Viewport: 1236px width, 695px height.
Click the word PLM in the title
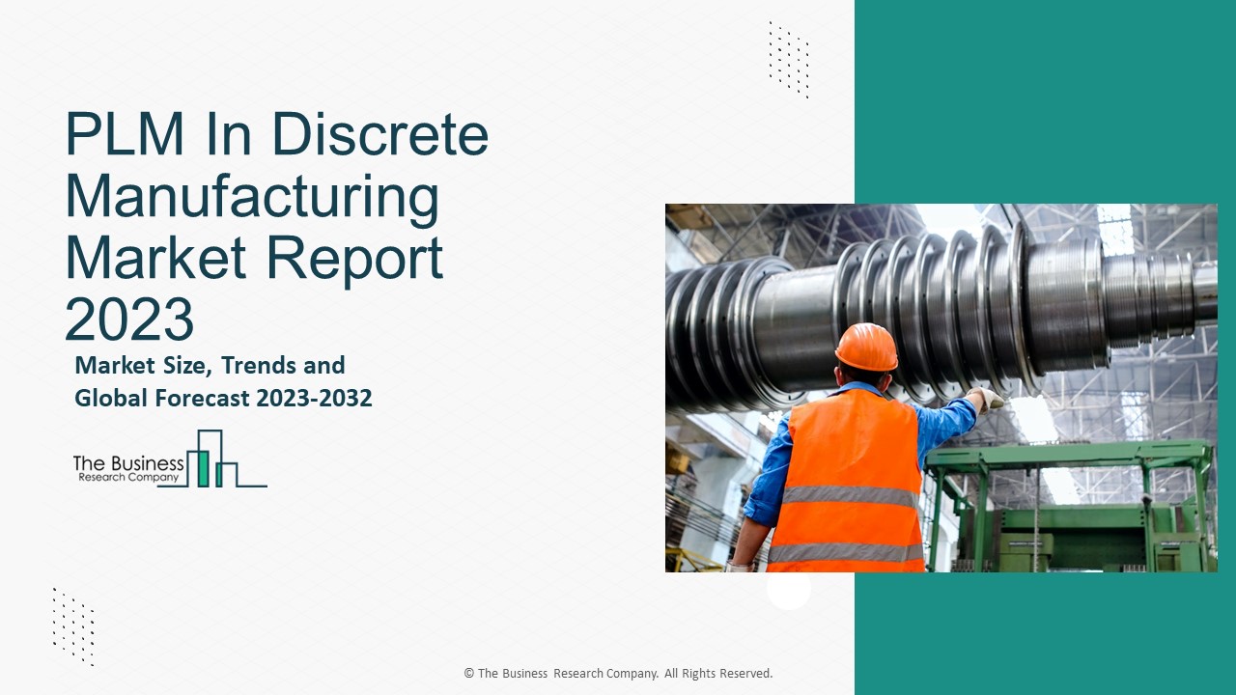125,134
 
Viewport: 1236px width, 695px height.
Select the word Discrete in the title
380,134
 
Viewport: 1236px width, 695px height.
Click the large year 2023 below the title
129,320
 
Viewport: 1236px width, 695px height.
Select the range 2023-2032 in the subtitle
314,399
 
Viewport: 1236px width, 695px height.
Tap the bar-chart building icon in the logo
226,459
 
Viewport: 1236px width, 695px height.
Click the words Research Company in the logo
128,478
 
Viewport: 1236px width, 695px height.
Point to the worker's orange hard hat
866,347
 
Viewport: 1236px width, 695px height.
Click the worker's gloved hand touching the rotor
987,399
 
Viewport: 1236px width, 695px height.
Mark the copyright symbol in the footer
469,674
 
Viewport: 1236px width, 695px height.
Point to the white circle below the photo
789,589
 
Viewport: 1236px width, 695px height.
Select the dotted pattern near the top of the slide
789,60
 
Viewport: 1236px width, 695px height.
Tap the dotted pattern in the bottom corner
73,627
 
